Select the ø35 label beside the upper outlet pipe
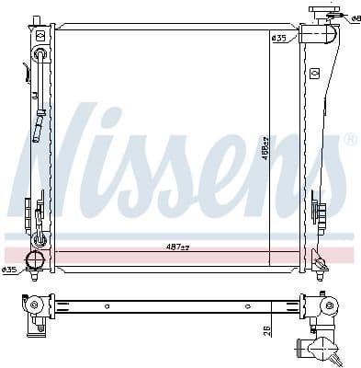pyautogui.click(x=278, y=38)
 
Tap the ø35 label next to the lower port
pyautogui.click(x=9, y=270)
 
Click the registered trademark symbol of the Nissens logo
pyautogui.click(x=350, y=140)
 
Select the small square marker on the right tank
pyautogui.click(x=314, y=72)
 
